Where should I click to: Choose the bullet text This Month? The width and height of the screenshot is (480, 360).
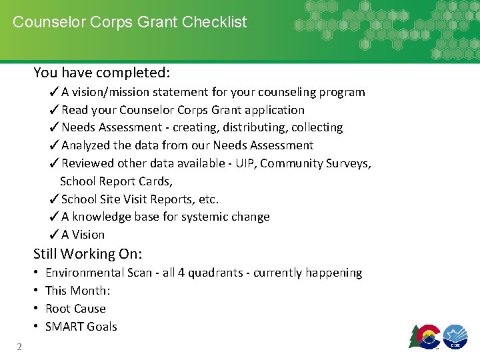(77, 291)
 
